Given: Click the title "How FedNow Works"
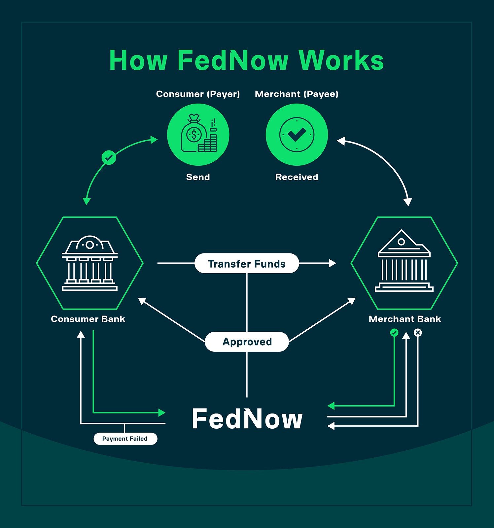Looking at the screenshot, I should [x=246, y=60].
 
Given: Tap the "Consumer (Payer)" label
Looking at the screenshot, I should [x=198, y=94].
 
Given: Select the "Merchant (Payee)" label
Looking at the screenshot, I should [x=297, y=94].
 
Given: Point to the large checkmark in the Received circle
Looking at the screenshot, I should [x=297, y=134].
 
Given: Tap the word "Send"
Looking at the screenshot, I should [x=198, y=177].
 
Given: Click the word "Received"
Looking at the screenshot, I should [x=297, y=177].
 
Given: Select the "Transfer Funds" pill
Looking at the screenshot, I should [x=247, y=264].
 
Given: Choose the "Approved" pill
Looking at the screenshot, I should [x=247, y=342].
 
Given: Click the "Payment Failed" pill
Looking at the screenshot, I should [x=125, y=439].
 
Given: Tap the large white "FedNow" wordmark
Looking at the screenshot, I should [x=247, y=419].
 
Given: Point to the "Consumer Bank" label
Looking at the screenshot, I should [x=88, y=319].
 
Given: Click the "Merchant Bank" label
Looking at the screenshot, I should [x=405, y=319].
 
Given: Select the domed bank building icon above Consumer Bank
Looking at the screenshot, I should [x=89, y=263].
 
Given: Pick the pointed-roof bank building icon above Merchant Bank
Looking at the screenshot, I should [x=404, y=261].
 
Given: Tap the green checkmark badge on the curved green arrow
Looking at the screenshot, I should [x=109, y=158].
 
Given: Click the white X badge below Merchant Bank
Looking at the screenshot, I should [x=418, y=333].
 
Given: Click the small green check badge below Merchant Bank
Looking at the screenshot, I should [x=394, y=333].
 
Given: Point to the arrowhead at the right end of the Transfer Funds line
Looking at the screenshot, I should [x=333, y=263].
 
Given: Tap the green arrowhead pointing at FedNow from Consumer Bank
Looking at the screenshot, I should [x=162, y=412].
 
